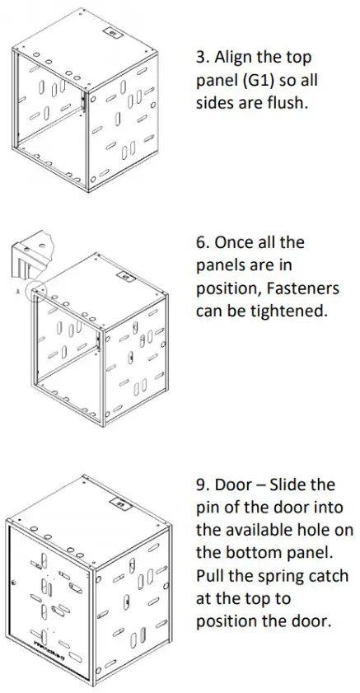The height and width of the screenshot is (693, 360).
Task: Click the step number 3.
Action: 201,59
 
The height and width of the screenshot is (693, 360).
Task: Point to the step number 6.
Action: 201,244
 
